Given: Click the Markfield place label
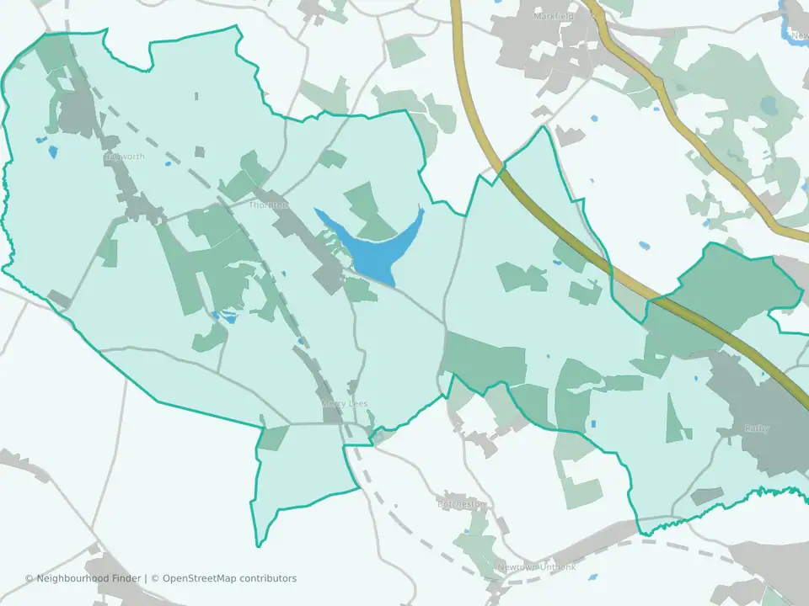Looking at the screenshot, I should [554, 16].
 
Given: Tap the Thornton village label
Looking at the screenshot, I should [269, 205].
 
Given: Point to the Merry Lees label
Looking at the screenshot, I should [344, 404].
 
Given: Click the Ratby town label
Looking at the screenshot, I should [756, 428].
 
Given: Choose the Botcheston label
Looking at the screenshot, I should [462, 504].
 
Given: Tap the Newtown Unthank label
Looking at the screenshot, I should [536, 567].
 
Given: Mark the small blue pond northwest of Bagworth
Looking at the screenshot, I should [53, 152].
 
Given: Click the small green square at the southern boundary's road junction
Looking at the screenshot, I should [272, 438].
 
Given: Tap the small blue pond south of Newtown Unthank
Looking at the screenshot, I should [592, 577].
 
